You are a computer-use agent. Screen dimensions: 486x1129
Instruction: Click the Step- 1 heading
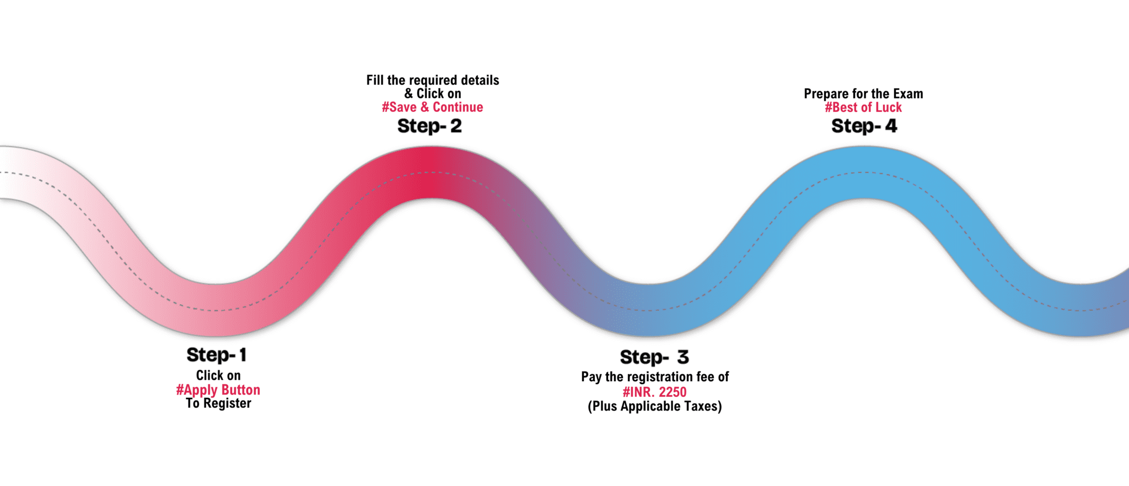pos(216,355)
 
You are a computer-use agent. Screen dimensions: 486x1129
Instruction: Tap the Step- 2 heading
pos(429,126)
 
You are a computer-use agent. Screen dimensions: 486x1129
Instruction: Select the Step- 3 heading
pos(654,357)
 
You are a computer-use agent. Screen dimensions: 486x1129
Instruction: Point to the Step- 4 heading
pos(864,126)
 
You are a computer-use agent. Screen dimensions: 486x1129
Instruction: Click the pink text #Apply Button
pos(218,390)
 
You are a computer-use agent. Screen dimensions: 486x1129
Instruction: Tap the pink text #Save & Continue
pos(432,107)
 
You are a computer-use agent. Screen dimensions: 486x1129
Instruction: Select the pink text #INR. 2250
pos(654,392)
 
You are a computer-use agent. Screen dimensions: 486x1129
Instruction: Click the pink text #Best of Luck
pos(863,107)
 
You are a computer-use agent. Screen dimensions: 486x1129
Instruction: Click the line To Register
pos(218,404)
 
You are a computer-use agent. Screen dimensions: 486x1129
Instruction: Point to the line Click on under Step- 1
pos(218,376)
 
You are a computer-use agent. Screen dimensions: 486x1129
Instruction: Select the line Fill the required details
pos(433,80)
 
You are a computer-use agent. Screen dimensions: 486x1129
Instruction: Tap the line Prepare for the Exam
pos(863,94)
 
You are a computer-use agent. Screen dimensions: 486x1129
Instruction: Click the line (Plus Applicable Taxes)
pos(654,407)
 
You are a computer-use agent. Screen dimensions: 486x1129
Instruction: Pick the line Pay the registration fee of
pos(654,377)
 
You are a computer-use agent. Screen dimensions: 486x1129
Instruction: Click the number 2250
pos(673,392)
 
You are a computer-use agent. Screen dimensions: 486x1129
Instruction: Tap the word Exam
pos(908,94)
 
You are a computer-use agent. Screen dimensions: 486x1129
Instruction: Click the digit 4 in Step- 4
pos(891,126)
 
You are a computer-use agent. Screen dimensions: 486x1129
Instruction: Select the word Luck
pos(889,107)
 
